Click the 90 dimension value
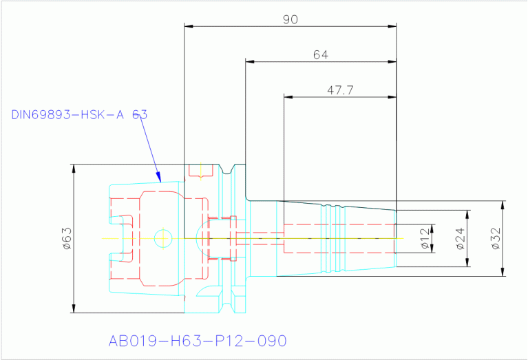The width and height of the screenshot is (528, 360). point(291,19)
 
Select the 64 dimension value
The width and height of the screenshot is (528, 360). point(320,54)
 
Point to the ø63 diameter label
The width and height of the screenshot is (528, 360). point(67,238)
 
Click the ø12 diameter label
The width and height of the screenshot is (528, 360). point(425,238)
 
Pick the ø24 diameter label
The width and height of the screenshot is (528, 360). point(461,238)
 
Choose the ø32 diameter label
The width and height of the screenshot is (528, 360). point(496,238)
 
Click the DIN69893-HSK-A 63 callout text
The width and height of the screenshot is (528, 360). point(79,114)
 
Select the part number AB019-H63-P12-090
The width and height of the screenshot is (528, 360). point(197,341)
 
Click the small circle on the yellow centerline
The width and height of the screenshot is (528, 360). point(163,238)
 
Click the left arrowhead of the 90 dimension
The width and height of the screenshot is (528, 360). point(188,27)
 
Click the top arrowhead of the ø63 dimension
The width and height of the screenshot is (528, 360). point(74,168)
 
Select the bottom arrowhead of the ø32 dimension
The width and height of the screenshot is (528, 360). point(503,273)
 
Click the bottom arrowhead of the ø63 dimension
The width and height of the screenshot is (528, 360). point(74,310)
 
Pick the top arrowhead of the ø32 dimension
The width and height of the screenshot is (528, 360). point(503,204)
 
